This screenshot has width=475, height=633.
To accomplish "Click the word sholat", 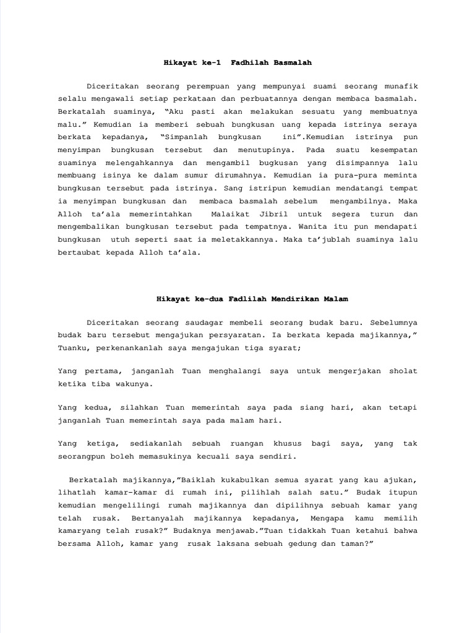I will point(403,371).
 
